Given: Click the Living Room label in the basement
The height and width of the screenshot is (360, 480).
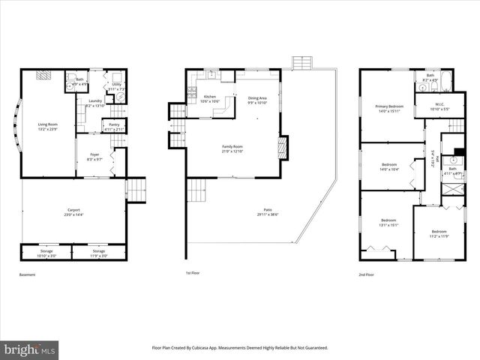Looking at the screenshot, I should click(48, 124).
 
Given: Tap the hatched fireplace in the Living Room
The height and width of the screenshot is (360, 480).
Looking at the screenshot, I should click(44, 75).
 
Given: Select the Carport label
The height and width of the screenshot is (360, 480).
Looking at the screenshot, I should click(73, 212).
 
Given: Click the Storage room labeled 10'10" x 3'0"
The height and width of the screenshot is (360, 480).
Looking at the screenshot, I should click(47, 253).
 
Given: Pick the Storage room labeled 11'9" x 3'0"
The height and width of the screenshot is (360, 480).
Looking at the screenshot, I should click(98, 253).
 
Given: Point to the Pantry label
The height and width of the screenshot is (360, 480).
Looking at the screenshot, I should click(114, 126).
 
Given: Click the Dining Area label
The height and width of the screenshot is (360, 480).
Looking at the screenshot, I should click(257, 100).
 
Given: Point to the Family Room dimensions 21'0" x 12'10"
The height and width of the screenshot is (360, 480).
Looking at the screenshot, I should click(232, 151).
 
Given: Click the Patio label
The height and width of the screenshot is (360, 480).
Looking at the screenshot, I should click(268, 211).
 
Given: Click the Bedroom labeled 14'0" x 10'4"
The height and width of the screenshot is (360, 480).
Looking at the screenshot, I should click(388, 166).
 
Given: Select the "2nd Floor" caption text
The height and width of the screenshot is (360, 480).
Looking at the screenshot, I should click(367, 275).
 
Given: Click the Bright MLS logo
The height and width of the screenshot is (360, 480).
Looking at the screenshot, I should click(30, 349).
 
